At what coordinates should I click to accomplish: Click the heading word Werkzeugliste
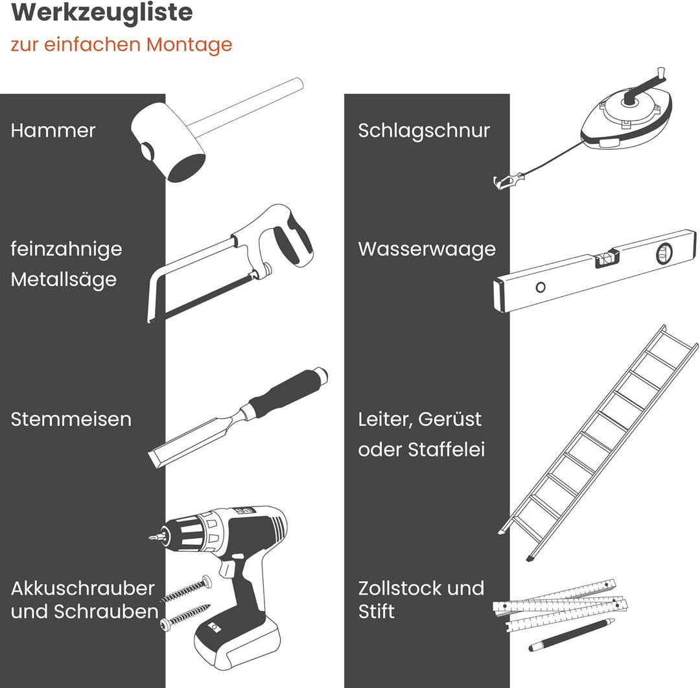pos(102,12)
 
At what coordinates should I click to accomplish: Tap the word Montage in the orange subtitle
pos(189,45)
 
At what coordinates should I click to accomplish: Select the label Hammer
pos(53,130)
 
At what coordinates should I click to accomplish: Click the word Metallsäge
pos(64,279)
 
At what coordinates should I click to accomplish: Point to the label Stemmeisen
pos(71,419)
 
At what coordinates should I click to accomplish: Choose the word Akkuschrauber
pos(82,588)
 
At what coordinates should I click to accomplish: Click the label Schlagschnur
pos(424,130)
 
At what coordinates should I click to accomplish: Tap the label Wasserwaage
pos(426,249)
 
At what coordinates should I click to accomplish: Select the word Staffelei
pos(447,449)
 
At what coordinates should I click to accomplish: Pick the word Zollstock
pos(402,588)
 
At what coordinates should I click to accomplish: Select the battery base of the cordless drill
pos(237,641)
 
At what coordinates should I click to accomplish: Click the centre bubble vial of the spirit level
pos(606,259)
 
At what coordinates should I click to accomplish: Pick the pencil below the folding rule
pos(572,634)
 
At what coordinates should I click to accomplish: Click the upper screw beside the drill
pos(186,589)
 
